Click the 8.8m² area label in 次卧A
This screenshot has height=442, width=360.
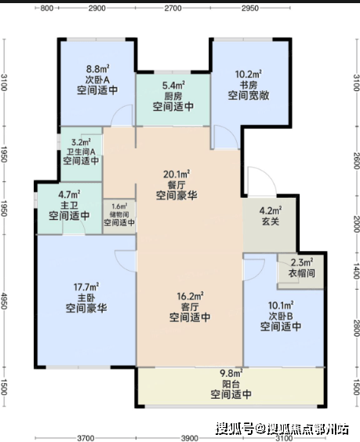(97, 69)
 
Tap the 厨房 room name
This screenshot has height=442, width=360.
(173, 96)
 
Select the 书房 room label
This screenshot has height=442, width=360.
(249, 85)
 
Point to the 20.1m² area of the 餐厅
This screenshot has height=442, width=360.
(176, 174)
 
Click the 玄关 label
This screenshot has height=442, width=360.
(271, 221)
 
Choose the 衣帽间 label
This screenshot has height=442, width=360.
(301, 273)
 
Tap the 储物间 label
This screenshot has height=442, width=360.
(119, 214)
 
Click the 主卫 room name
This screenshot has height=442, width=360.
(69, 205)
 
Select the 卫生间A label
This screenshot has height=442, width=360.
(81, 152)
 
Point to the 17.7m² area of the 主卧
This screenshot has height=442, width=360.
(86, 287)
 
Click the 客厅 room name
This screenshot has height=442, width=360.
(190, 307)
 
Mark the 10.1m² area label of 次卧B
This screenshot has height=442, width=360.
(281, 305)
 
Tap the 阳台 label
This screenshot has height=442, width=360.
(231, 384)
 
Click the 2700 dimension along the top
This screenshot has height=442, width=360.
(173, 8)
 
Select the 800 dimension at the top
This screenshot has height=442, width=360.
(47, 8)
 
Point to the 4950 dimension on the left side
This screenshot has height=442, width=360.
(4, 301)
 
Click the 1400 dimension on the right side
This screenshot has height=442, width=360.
(356, 271)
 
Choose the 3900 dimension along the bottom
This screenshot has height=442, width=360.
(190, 438)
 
